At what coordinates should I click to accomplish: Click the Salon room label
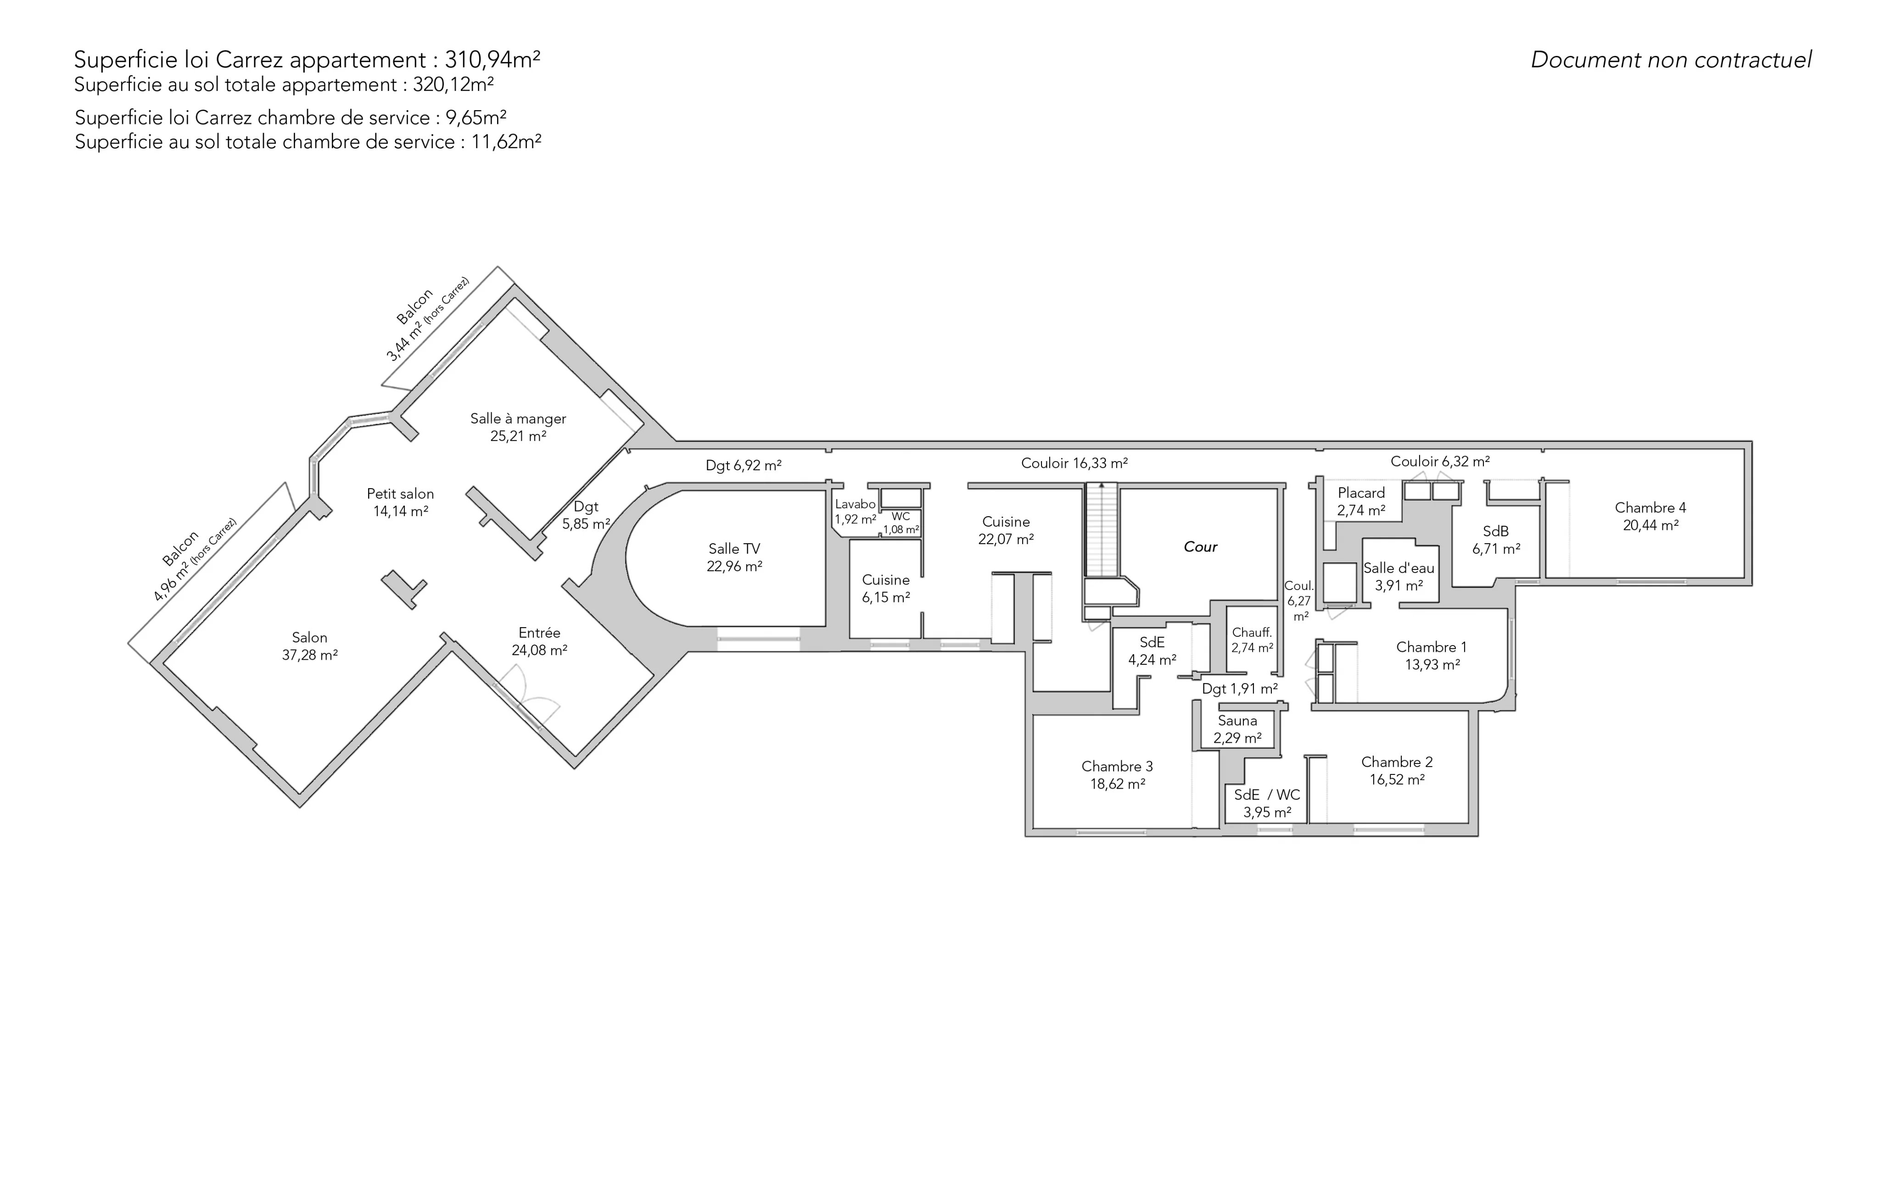click(x=310, y=638)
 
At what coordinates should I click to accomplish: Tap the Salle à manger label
click(x=518, y=419)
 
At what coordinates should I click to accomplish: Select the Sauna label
click(x=1237, y=721)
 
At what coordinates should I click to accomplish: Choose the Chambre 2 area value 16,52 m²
click(x=1398, y=779)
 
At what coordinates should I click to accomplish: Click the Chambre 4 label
click(x=1651, y=508)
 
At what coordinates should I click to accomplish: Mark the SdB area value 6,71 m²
click(x=1497, y=550)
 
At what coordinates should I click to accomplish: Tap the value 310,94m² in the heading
click(x=492, y=60)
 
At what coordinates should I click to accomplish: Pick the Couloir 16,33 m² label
click(x=1074, y=463)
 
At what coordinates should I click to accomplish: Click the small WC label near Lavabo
click(x=901, y=517)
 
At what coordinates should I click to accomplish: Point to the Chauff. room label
click(x=1252, y=633)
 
